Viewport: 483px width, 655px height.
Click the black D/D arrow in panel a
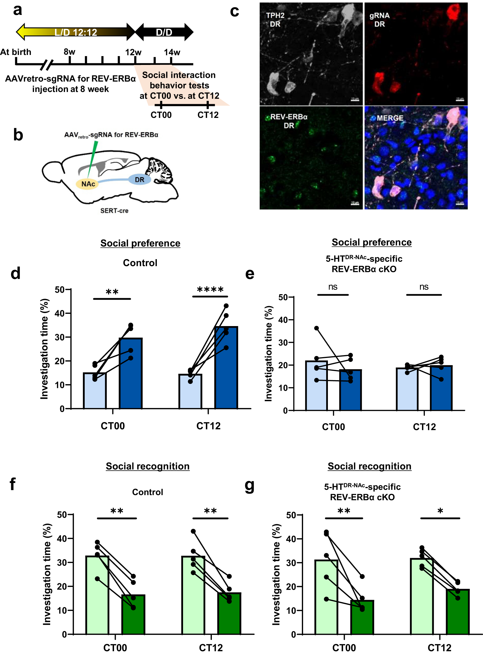tap(164, 32)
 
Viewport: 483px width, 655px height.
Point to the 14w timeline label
tap(172, 52)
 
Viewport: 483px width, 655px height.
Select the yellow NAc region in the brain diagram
tap(88, 184)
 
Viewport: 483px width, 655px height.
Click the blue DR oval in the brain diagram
tap(139, 180)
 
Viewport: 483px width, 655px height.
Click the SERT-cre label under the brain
tap(114, 210)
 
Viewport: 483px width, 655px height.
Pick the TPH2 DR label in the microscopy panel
tap(275, 20)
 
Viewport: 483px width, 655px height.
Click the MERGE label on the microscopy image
tap(390, 118)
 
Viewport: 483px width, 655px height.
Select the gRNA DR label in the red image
tap(379, 20)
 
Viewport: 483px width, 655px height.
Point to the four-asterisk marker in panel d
tap(210, 290)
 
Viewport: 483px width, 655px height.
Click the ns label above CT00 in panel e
tap(333, 287)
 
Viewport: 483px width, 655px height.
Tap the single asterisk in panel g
tap(440, 511)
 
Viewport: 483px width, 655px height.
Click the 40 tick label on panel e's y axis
tap(283, 320)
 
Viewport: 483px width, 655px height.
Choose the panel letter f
tap(12, 484)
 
